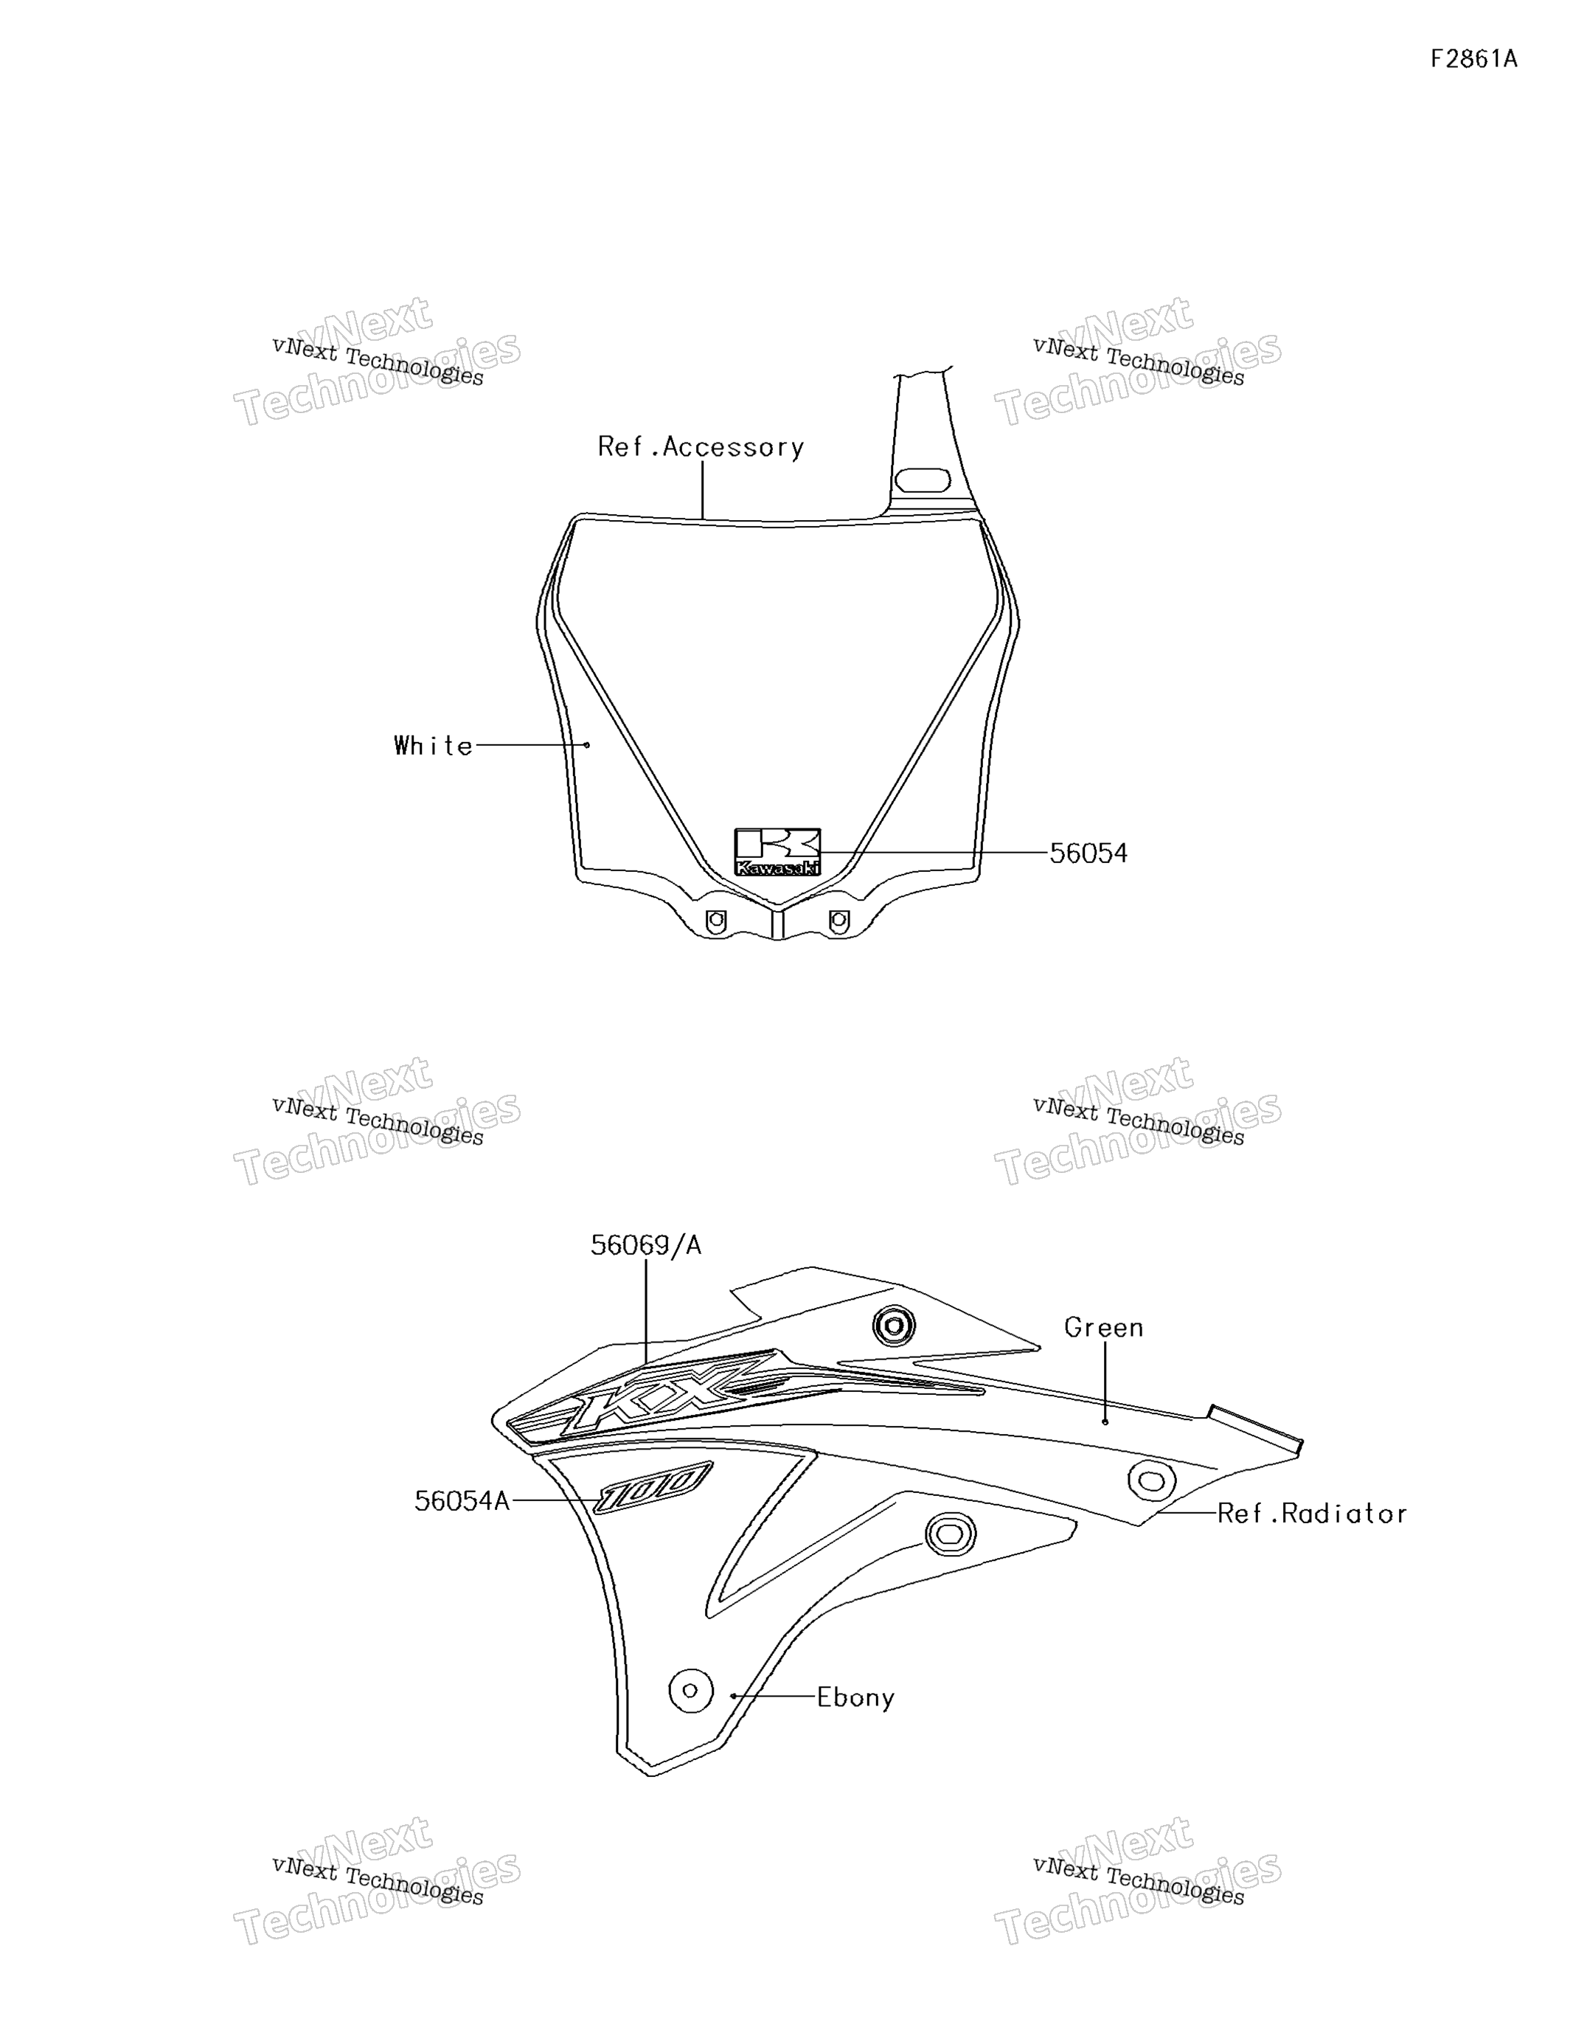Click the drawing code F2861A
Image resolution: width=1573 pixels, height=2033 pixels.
(1473, 60)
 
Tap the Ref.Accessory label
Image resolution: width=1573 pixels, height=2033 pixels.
(701, 448)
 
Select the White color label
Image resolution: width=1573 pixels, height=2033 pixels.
(434, 746)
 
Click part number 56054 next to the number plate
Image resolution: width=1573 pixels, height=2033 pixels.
(1088, 853)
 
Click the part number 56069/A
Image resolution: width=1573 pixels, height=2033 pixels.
(646, 1244)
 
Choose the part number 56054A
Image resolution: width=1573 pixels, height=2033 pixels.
(462, 1500)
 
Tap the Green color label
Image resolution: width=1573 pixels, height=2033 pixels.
(1104, 1327)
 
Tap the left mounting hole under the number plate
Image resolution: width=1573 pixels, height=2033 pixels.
(716, 921)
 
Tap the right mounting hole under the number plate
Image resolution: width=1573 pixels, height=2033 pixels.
(838, 921)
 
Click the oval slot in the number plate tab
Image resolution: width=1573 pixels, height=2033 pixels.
(923, 480)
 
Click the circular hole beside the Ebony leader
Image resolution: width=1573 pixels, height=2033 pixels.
(691, 1689)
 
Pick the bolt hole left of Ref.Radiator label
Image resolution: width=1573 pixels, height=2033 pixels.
(1151, 1480)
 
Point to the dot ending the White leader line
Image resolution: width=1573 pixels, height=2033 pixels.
(586, 745)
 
